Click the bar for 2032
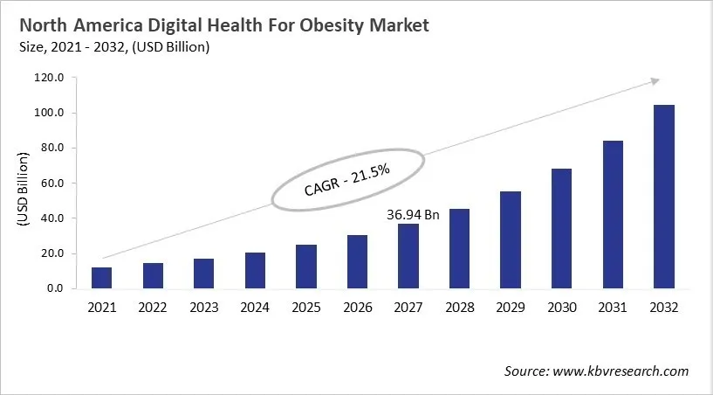[x=663, y=197]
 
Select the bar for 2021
[x=101, y=278]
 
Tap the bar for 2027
[x=408, y=256]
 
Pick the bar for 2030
[x=561, y=228]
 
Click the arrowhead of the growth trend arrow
[x=654, y=81]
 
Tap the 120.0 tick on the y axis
[x=50, y=78]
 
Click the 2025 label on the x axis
[x=306, y=308]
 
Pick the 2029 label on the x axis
[x=511, y=308]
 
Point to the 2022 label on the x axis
[x=153, y=308]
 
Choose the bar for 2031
[x=613, y=214]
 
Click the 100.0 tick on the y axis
[x=50, y=113]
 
